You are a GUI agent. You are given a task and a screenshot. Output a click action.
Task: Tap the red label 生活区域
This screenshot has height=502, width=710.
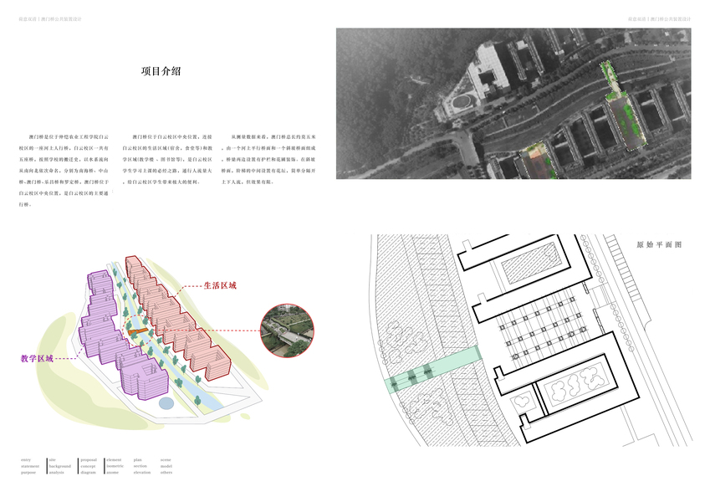pos(220,285)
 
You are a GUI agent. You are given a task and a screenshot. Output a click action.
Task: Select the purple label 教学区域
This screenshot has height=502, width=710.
pos(38,358)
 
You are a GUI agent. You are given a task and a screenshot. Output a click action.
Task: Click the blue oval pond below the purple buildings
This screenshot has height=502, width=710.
pos(166,403)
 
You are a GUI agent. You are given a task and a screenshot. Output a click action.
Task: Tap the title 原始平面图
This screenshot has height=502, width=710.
pos(659,246)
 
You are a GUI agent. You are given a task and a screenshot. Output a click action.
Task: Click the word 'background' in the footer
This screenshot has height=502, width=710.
pos(60,466)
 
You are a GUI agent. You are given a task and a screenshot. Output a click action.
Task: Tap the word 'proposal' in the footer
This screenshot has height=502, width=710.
pos(88,459)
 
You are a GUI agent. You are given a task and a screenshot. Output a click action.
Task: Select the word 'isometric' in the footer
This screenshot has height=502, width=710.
pos(115,466)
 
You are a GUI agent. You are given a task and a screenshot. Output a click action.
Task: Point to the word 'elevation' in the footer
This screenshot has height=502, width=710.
pos(142,473)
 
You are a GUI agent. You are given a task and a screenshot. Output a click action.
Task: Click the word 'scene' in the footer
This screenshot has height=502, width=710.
pos(166,459)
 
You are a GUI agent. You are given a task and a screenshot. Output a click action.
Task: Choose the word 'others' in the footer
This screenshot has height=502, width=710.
pos(166,473)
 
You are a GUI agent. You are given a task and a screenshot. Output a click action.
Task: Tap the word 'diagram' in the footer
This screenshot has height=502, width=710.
pos(88,473)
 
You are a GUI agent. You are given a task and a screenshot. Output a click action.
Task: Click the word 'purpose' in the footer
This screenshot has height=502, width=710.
pos(28,473)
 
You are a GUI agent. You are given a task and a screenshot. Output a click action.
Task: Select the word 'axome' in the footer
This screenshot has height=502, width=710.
pos(113,473)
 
